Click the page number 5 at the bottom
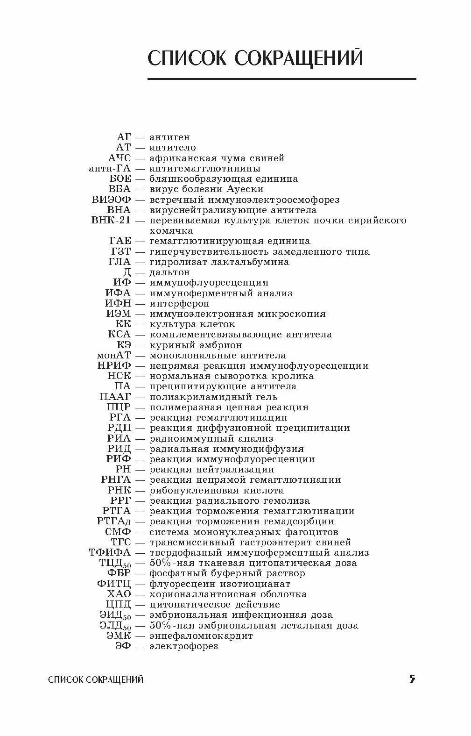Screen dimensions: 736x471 (x=412, y=679)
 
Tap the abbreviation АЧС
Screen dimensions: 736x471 (x=120, y=158)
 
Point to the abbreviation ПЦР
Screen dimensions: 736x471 (x=119, y=407)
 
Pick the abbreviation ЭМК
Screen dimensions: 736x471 (x=119, y=636)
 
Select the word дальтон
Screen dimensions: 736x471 (x=169, y=272)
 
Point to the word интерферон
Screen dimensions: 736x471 (x=179, y=303)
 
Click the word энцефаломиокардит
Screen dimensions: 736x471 (x=201, y=636)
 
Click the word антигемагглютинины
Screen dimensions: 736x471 (x=205, y=168)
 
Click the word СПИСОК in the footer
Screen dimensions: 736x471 (x=66, y=679)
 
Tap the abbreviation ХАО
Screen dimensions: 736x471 (x=119, y=594)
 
